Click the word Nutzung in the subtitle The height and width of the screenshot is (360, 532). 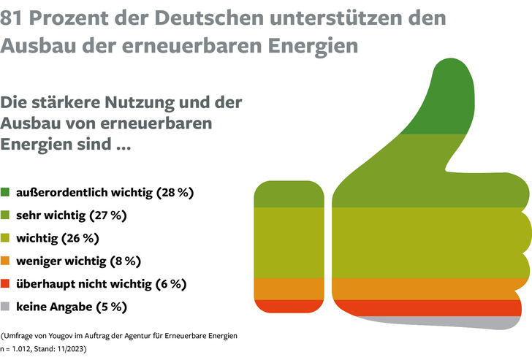pos(156,102)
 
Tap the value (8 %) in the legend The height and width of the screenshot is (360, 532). pos(124,261)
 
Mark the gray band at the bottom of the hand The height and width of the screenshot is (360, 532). pos(475,321)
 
